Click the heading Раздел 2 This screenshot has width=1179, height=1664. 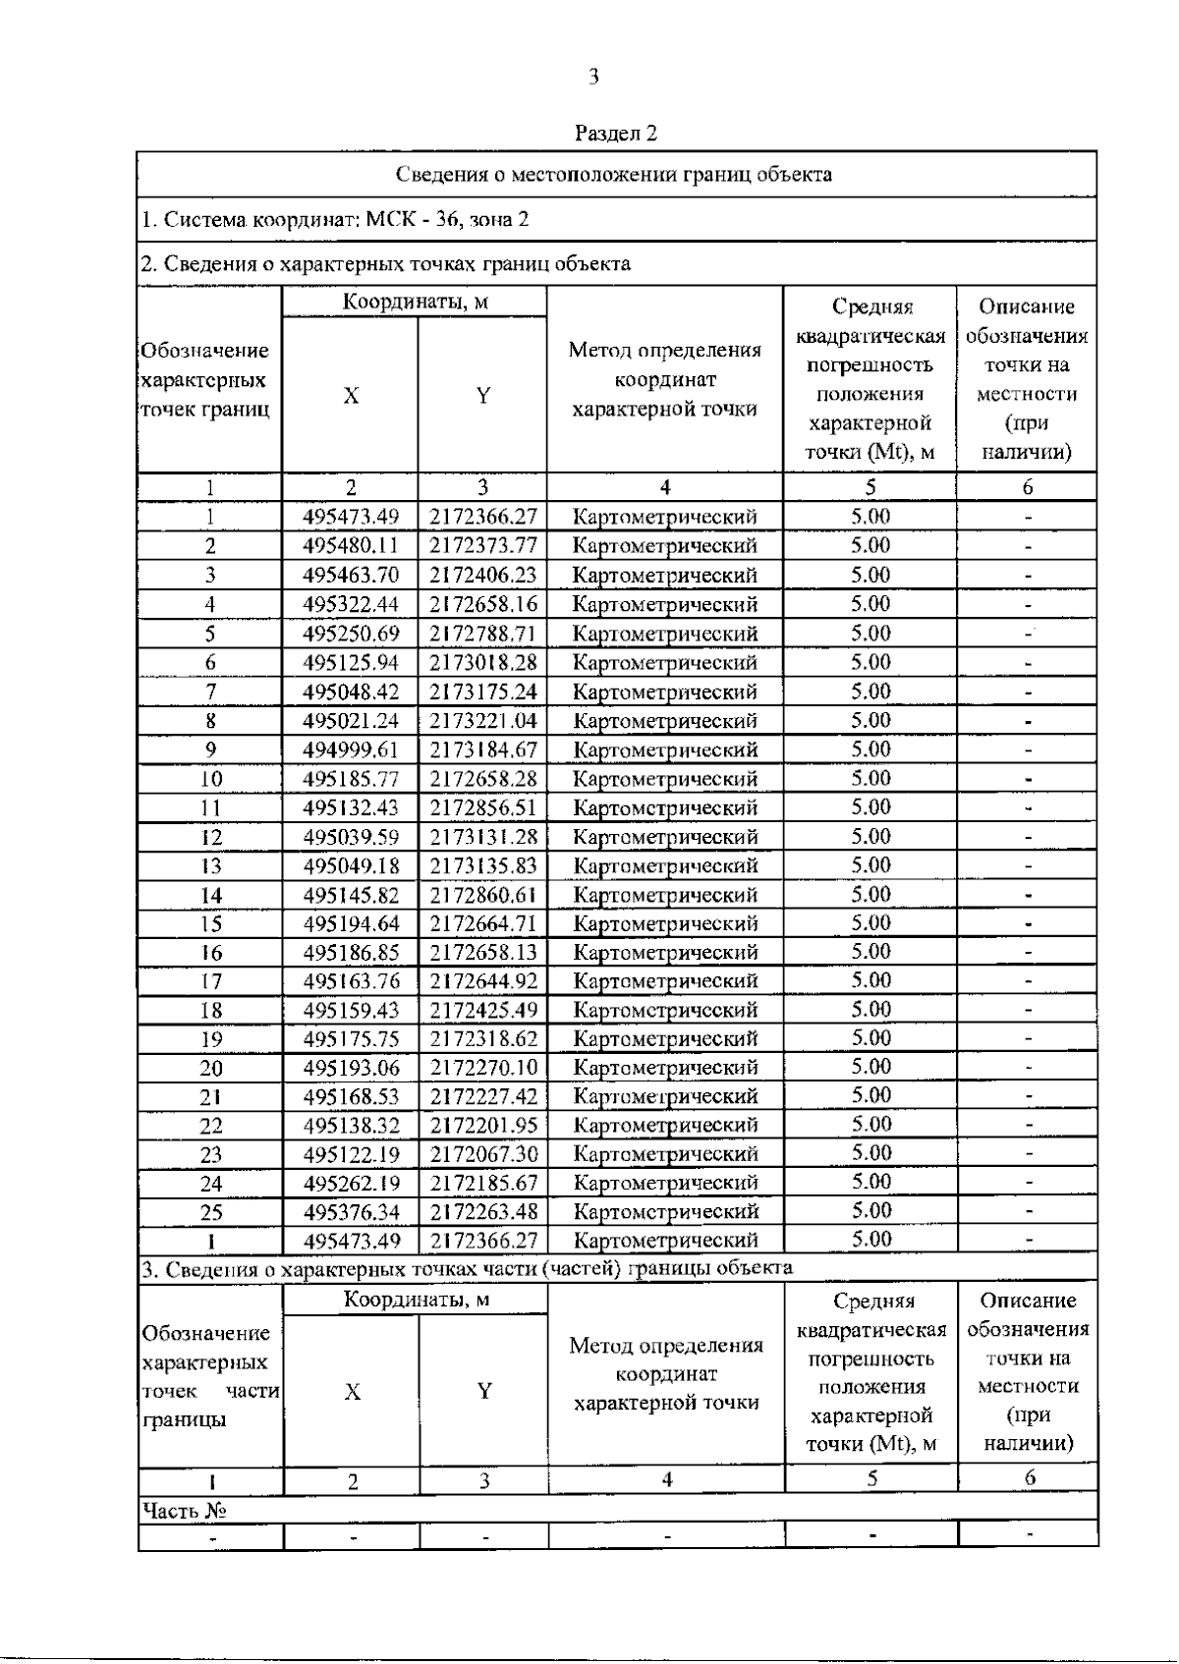pos(616,133)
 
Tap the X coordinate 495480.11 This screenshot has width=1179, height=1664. pos(351,545)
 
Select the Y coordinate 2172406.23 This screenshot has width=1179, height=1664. pos(482,575)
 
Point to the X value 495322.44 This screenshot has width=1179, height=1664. pos(351,604)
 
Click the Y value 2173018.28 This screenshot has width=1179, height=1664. pos(482,662)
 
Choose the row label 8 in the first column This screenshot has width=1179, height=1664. pos(210,721)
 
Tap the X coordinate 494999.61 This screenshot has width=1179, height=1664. pos(351,749)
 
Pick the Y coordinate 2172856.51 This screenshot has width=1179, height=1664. pos(482,807)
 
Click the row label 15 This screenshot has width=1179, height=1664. pos(211,923)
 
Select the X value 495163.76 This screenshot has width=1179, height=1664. pos(351,981)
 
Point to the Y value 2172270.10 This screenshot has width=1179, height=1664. pos(482,1068)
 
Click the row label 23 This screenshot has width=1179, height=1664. pos(211,1154)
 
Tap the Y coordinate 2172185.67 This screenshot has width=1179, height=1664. pos(482,1183)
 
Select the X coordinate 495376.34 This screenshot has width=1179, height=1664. pos(351,1211)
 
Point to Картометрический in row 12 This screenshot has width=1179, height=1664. pos(665,837)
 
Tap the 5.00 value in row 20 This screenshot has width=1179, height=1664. pos(870,1067)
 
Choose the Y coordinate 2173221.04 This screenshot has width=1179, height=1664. pos(482,721)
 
